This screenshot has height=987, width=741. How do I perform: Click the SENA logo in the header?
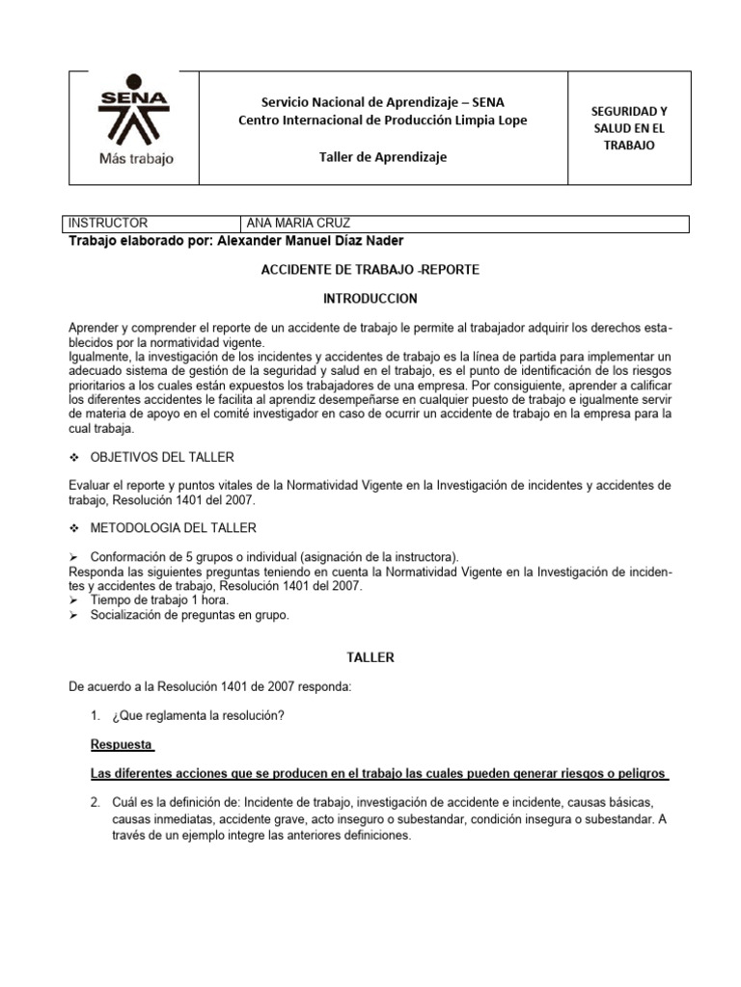coord(136,116)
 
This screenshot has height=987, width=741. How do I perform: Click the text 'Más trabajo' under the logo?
coord(136,159)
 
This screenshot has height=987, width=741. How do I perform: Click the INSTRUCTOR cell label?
coord(108,224)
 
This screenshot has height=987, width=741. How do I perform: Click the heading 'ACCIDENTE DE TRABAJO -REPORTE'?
coord(370,270)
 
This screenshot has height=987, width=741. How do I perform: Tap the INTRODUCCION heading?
coord(370,300)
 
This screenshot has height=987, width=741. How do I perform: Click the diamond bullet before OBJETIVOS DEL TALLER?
coord(72,456)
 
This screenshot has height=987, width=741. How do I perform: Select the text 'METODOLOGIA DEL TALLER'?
coord(173,528)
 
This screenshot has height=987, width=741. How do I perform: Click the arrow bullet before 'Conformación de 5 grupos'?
coord(72,557)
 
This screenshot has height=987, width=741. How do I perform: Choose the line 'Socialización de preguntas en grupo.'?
coord(188,614)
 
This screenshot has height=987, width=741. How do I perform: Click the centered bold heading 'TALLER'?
coord(370,657)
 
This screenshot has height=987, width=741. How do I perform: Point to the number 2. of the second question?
coord(96,803)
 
